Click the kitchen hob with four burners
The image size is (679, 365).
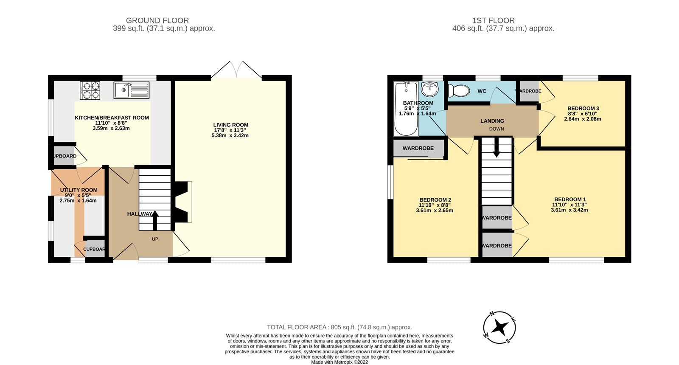pyautogui.click(x=90, y=90)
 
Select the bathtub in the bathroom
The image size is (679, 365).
pyautogui.click(x=406, y=109)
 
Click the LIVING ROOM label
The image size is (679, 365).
pyautogui.click(x=230, y=125)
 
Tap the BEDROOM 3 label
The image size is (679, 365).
pyautogui.click(x=583, y=109)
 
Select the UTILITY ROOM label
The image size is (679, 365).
pyautogui.click(x=79, y=190)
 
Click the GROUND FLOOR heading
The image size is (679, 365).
pyautogui.click(x=157, y=20)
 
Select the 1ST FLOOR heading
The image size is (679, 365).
pyautogui.click(x=493, y=20)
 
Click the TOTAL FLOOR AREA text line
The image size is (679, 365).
pyautogui.click(x=339, y=327)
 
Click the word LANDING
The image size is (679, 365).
pyautogui.click(x=492, y=121)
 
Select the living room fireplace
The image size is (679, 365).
pyautogui.click(x=183, y=202)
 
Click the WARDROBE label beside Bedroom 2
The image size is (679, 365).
pyautogui.click(x=418, y=149)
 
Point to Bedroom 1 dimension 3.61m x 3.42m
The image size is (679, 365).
pyautogui.click(x=569, y=210)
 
